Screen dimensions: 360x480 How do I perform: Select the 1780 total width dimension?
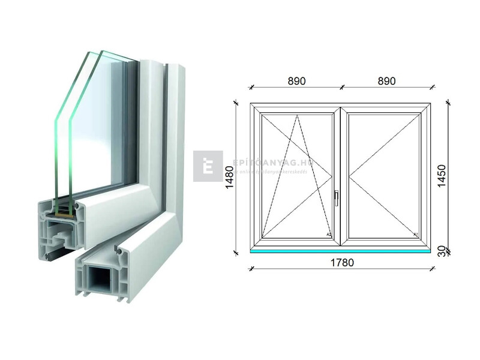pos(341,262)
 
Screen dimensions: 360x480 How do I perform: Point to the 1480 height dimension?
pos(229,178)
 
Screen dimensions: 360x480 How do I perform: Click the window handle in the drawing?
pos(337,197)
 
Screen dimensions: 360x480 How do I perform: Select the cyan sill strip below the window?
pos(340,251)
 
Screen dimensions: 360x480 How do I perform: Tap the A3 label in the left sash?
pos(328,234)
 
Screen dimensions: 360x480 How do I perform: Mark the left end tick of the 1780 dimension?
pos(250,268)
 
